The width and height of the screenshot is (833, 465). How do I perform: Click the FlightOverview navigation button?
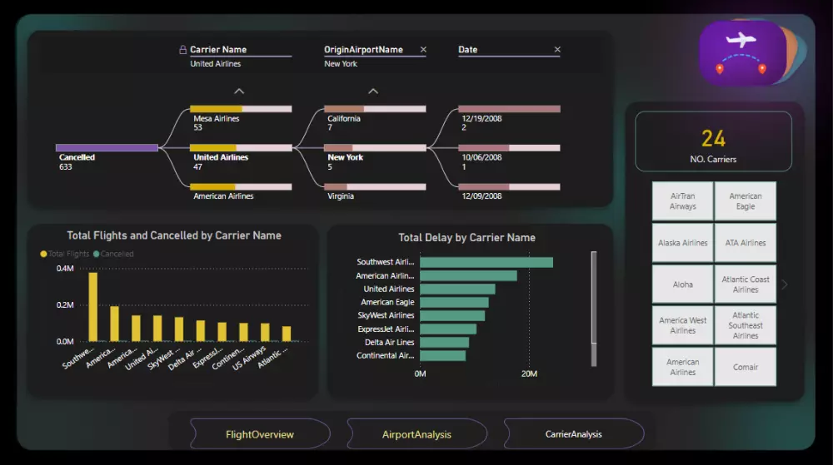pos(259,434)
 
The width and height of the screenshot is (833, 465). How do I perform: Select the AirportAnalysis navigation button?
pos(416,434)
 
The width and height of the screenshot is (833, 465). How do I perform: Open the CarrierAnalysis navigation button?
pos(573,434)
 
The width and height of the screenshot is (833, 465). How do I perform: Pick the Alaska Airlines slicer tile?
pos(683,243)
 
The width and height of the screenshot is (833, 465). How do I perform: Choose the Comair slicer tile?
pos(746,367)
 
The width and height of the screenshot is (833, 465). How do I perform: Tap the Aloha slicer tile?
pos(683,284)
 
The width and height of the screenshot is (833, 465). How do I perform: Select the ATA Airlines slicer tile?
pos(746,243)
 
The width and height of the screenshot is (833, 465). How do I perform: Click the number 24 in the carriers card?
pos(713,138)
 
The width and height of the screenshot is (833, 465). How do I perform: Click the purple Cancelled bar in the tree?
pos(107,148)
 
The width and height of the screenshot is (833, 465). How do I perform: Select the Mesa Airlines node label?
pos(216,119)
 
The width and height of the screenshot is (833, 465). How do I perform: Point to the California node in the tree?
pos(344,119)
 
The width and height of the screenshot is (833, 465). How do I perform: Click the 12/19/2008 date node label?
pos(481,119)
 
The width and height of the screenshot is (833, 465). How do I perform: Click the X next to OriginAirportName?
pos(423,50)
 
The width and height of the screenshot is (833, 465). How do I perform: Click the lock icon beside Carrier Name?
pos(183,50)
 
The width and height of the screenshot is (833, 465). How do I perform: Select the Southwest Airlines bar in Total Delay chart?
pos(486,262)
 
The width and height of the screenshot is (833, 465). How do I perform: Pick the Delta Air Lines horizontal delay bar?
pos(444,342)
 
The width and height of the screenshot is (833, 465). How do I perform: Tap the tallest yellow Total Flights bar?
pos(92,306)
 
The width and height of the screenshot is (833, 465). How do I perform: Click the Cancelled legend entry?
pos(116,254)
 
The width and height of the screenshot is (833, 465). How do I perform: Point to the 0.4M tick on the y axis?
pos(65,269)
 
